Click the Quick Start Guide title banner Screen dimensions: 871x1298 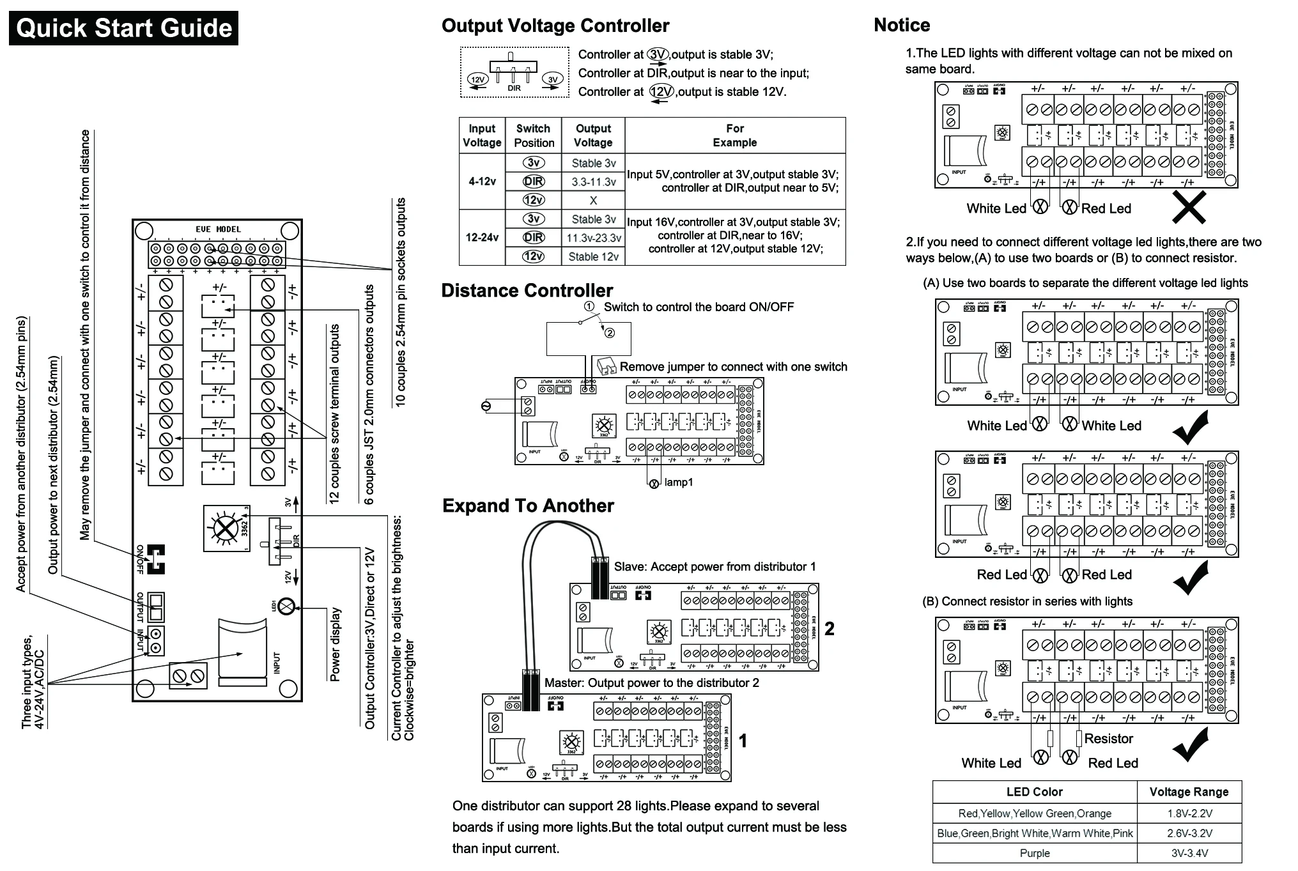point(123,28)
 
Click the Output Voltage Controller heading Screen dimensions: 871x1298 point(555,26)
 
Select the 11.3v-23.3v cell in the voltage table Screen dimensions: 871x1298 point(593,238)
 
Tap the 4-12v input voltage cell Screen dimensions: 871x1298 point(482,181)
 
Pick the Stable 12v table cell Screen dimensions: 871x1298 point(593,257)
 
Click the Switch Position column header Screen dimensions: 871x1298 point(534,135)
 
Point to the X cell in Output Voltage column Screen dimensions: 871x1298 point(593,200)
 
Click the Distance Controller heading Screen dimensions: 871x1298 point(527,291)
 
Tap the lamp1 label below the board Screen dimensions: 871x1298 point(678,482)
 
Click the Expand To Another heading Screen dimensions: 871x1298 point(528,506)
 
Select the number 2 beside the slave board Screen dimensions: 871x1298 point(830,629)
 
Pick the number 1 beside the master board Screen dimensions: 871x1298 point(743,741)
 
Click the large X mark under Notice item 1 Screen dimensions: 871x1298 point(1189,207)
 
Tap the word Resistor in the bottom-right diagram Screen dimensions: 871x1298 point(1108,739)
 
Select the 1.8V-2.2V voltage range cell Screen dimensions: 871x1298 point(1189,813)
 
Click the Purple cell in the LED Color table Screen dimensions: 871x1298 point(1034,853)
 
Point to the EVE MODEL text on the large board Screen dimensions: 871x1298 point(218,229)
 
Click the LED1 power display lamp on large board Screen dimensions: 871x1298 point(287,606)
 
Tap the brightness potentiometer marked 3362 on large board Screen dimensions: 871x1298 point(225,528)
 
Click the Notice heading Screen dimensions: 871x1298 point(901,26)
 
